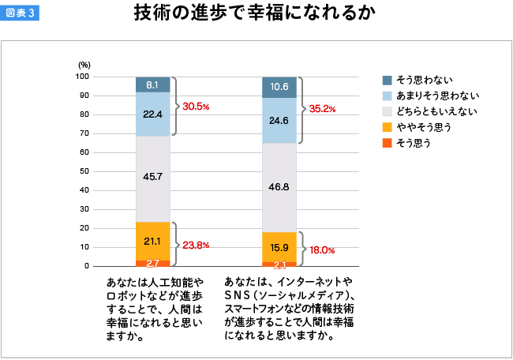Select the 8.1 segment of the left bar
point(153,84)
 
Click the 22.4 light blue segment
point(153,114)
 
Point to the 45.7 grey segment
point(153,176)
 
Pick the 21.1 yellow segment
point(153,241)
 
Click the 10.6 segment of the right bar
point(279,87)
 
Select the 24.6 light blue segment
point(279,121)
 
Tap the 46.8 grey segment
point(279,188)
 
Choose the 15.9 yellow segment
point(279,247)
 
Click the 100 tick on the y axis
point(82,77)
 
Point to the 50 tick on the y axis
point(84,171)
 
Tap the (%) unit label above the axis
point(84,64)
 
